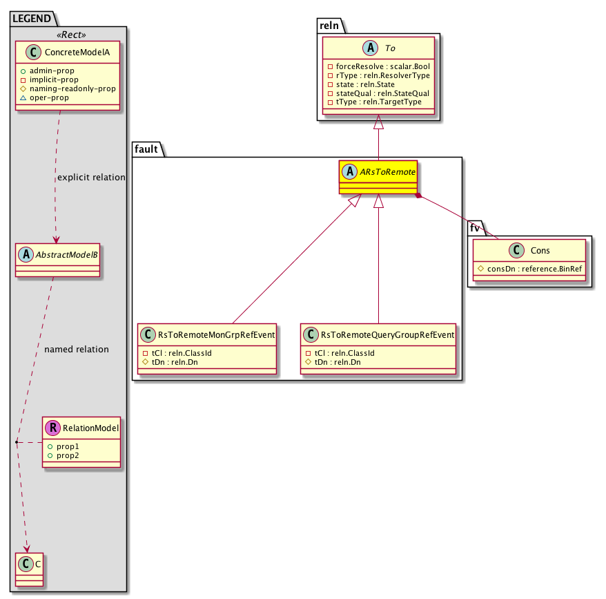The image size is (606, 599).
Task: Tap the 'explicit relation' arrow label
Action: (x=91, y=178)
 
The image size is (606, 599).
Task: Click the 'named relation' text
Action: (x=76, y=350)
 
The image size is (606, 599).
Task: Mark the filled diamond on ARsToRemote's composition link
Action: (x=418, y=196)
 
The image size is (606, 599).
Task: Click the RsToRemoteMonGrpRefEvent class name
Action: (x=216, y=335)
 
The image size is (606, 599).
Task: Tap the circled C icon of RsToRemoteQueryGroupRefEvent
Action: (x=310, y=335)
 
